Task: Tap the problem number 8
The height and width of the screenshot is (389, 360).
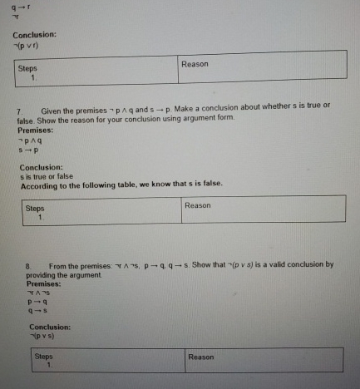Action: pyautogui.click(x=27, y=265)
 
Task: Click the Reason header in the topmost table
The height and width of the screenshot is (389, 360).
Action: pyautogui.click(x=195, y=64)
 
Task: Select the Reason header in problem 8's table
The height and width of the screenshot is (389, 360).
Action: pyautogui.click(x=201, y=357)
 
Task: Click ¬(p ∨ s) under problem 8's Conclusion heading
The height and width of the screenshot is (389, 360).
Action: pyautogui.click(x=43, y=337)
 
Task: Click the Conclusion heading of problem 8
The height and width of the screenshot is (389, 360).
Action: pyautogui.click(x=50, y=327)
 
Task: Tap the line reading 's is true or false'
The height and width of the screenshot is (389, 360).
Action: pyautogui.click(x=47, y=176)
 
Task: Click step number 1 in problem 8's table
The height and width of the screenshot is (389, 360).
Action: pyautogui.click(x=48, y=364)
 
